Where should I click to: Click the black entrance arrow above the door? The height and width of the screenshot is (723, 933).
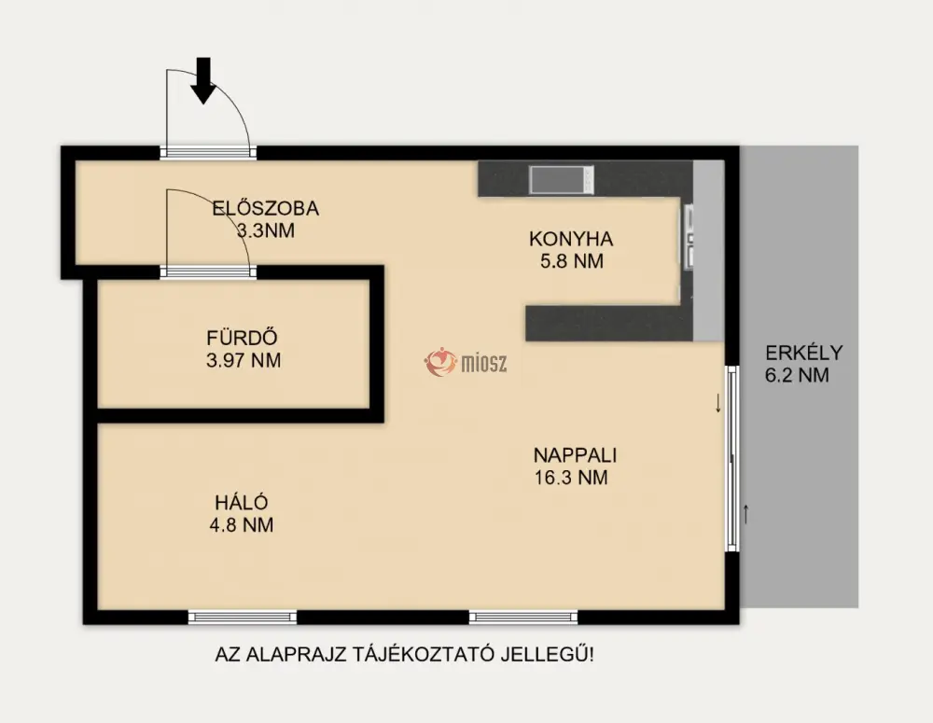(203, 80)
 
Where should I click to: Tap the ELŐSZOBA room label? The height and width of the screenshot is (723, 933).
(265, 208)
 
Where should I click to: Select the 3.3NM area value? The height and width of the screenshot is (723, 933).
(265, 230)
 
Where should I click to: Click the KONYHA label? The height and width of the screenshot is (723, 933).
(571, 239)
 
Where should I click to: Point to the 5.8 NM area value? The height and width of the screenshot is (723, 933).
(572, 261)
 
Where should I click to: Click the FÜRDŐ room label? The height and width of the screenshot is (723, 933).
(243, 338)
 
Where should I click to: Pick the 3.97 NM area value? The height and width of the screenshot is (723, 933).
(244, 361)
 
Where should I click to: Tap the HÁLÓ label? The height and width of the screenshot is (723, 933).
(242, 502)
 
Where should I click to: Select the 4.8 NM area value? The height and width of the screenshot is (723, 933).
(242, 525)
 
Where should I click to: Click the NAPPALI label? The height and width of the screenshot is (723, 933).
(575, 455)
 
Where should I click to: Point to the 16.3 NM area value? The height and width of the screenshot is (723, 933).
(571, 478)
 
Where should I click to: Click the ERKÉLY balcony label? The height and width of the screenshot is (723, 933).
(804, 353)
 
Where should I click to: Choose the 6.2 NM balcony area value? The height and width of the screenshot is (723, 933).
(797, 375)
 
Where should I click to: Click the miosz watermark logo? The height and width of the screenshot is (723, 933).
(466, 362)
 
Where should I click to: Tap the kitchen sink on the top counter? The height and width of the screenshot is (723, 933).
(561, 180)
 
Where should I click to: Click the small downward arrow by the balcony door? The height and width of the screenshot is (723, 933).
(718, 403)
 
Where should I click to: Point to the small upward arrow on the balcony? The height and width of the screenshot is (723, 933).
(745, 513)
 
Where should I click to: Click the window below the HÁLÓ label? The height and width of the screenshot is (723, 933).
(243, 617)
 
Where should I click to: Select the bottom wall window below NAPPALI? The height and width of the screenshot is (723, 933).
(523, 617)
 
